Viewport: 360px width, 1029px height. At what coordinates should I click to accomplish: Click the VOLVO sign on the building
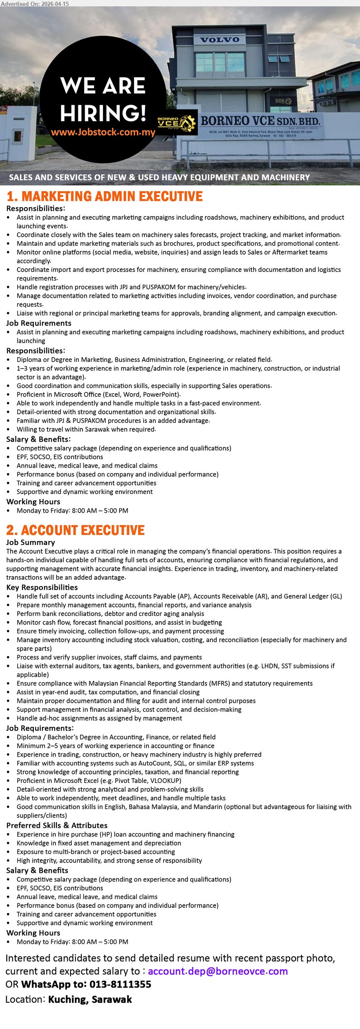[220, 40]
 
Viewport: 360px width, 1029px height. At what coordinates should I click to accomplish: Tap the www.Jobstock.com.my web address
[103, 132]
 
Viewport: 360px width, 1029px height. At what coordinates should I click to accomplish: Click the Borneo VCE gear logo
[177, 123]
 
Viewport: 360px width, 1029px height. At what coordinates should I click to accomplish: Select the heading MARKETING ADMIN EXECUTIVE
[105, 196]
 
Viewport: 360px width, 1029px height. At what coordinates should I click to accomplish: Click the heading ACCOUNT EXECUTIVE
[75, 530]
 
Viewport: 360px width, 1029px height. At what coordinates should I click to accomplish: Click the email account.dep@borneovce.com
[218, 971]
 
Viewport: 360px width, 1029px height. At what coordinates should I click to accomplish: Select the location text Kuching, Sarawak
[90, 999]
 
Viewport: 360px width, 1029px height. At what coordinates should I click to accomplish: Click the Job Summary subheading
[30, 542]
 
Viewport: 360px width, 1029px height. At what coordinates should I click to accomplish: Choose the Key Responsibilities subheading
[42, 587]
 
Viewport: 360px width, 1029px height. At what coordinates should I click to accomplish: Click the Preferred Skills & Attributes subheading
[57, 825]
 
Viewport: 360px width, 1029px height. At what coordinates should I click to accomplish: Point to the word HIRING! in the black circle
[103, 113]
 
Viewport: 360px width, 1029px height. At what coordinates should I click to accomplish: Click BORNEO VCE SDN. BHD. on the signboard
[260, 121]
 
